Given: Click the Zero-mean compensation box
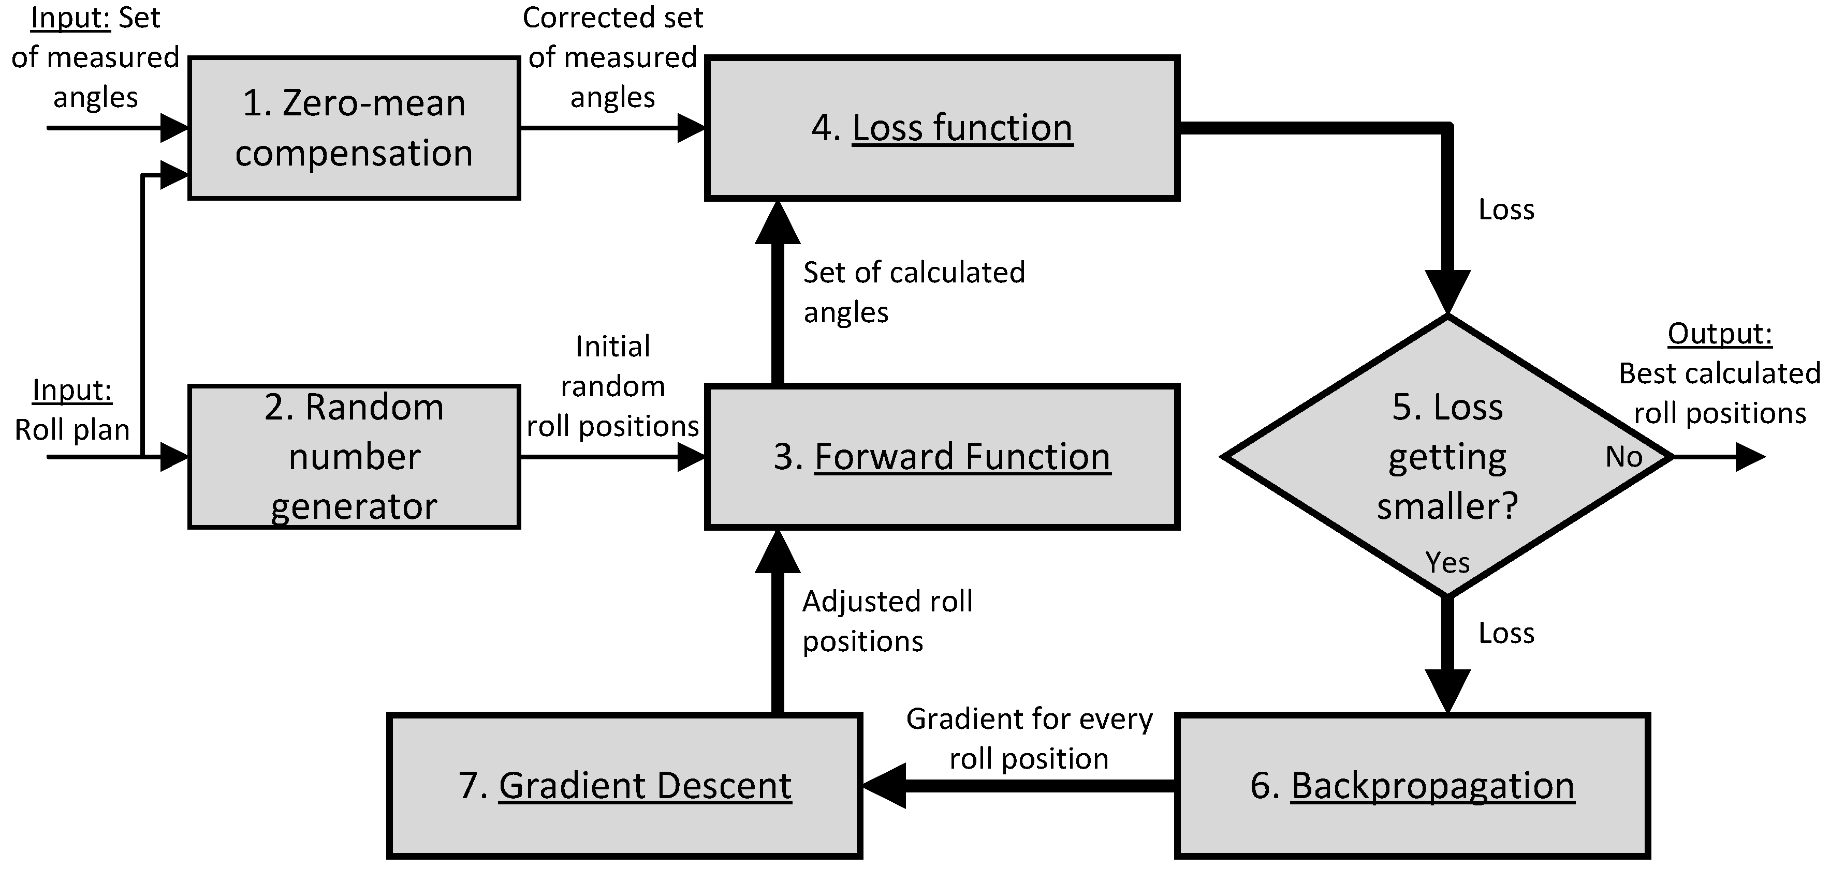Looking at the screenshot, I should (x=354, y=128).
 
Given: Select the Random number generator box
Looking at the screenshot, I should (x=354, y=457).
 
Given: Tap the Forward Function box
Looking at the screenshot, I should (x=942, y=457).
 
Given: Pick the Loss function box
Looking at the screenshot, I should (x=942, y=128).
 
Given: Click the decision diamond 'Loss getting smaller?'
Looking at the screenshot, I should (x=1447, y=457).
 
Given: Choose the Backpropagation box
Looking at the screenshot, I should (x=1412, y=785).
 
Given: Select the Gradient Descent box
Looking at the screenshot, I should (x=624, y=785).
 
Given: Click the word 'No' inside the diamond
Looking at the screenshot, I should (x=1624, y=457).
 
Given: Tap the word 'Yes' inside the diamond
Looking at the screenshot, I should (x=1447, y=563).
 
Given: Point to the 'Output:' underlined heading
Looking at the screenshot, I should (x=1719, y=334).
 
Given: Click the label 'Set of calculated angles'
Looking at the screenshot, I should (x=914, y=292).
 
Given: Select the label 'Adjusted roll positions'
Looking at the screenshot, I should (x=887, y=621).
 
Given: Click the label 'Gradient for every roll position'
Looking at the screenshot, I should (x=1029, y=738).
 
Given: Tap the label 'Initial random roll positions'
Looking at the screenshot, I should (x=612, y=386).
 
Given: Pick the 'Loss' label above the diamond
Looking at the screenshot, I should (x=1506, y=210).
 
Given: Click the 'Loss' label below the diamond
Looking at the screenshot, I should (x=1506, y=633).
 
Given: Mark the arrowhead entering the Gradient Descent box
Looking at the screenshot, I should (x=884, y=785).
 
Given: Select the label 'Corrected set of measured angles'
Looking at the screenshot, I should (x=612, y=57).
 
